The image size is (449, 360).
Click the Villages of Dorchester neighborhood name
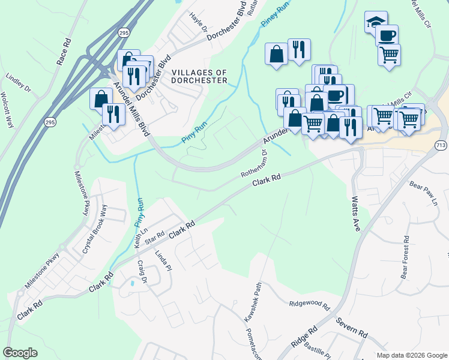point(199,76)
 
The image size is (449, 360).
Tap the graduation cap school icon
point(375,22)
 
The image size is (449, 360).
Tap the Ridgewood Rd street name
point(309,305)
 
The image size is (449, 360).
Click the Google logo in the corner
point(20,353)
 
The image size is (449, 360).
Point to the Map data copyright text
point(411,355)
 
